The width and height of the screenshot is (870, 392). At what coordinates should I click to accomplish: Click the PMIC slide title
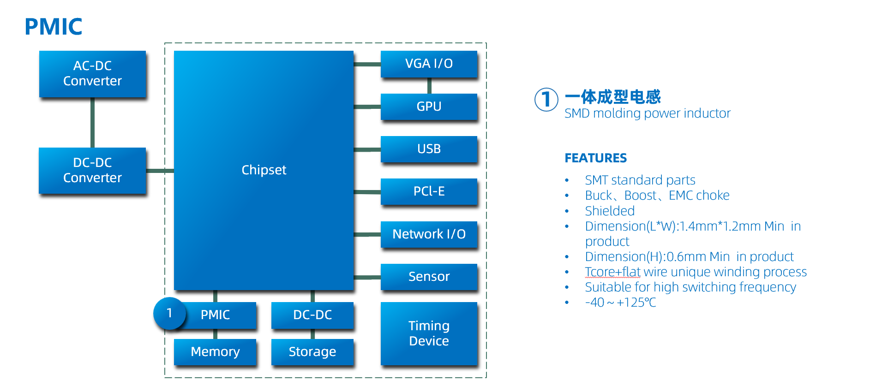(x=53, y=27)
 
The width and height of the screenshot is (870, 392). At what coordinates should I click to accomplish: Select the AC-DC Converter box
(x=92, y=74)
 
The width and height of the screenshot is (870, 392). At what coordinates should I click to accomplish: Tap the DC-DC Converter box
(x=92, y=170)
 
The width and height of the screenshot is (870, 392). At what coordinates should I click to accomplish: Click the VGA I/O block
(x=429, y=64)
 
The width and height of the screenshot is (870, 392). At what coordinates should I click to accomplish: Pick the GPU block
(x=429, y=107)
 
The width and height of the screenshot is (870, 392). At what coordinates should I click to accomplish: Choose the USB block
(x=429, y=149)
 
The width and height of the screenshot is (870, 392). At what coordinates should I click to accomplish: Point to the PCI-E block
(x=429, y=191)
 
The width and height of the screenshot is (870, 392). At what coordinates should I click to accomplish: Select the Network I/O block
(x=429, y=234)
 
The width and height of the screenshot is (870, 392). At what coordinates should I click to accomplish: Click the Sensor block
(x=429, y=277)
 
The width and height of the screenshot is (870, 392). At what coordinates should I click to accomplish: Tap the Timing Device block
(x=429, y=333)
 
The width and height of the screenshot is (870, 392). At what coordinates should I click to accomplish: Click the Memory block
(x=215, y=352)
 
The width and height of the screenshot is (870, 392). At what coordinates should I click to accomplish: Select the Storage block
(x=312, y=352)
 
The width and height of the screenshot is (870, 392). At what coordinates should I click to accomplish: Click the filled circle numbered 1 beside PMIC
(x=169, y=314)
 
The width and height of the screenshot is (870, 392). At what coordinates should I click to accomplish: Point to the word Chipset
(x=264, y=170)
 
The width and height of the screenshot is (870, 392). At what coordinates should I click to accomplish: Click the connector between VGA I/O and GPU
(x=429, y=86)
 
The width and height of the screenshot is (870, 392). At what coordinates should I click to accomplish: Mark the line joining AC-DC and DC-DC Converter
(x=92, y=123)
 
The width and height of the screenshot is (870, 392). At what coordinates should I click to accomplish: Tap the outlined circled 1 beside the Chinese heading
(x=546, y=100)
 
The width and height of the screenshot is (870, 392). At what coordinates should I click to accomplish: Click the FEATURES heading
(x=595, y=158)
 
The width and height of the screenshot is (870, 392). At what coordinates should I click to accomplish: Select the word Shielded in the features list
(x=610, y=211)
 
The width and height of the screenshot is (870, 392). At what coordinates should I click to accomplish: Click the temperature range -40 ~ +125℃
(x=620, y=303)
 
